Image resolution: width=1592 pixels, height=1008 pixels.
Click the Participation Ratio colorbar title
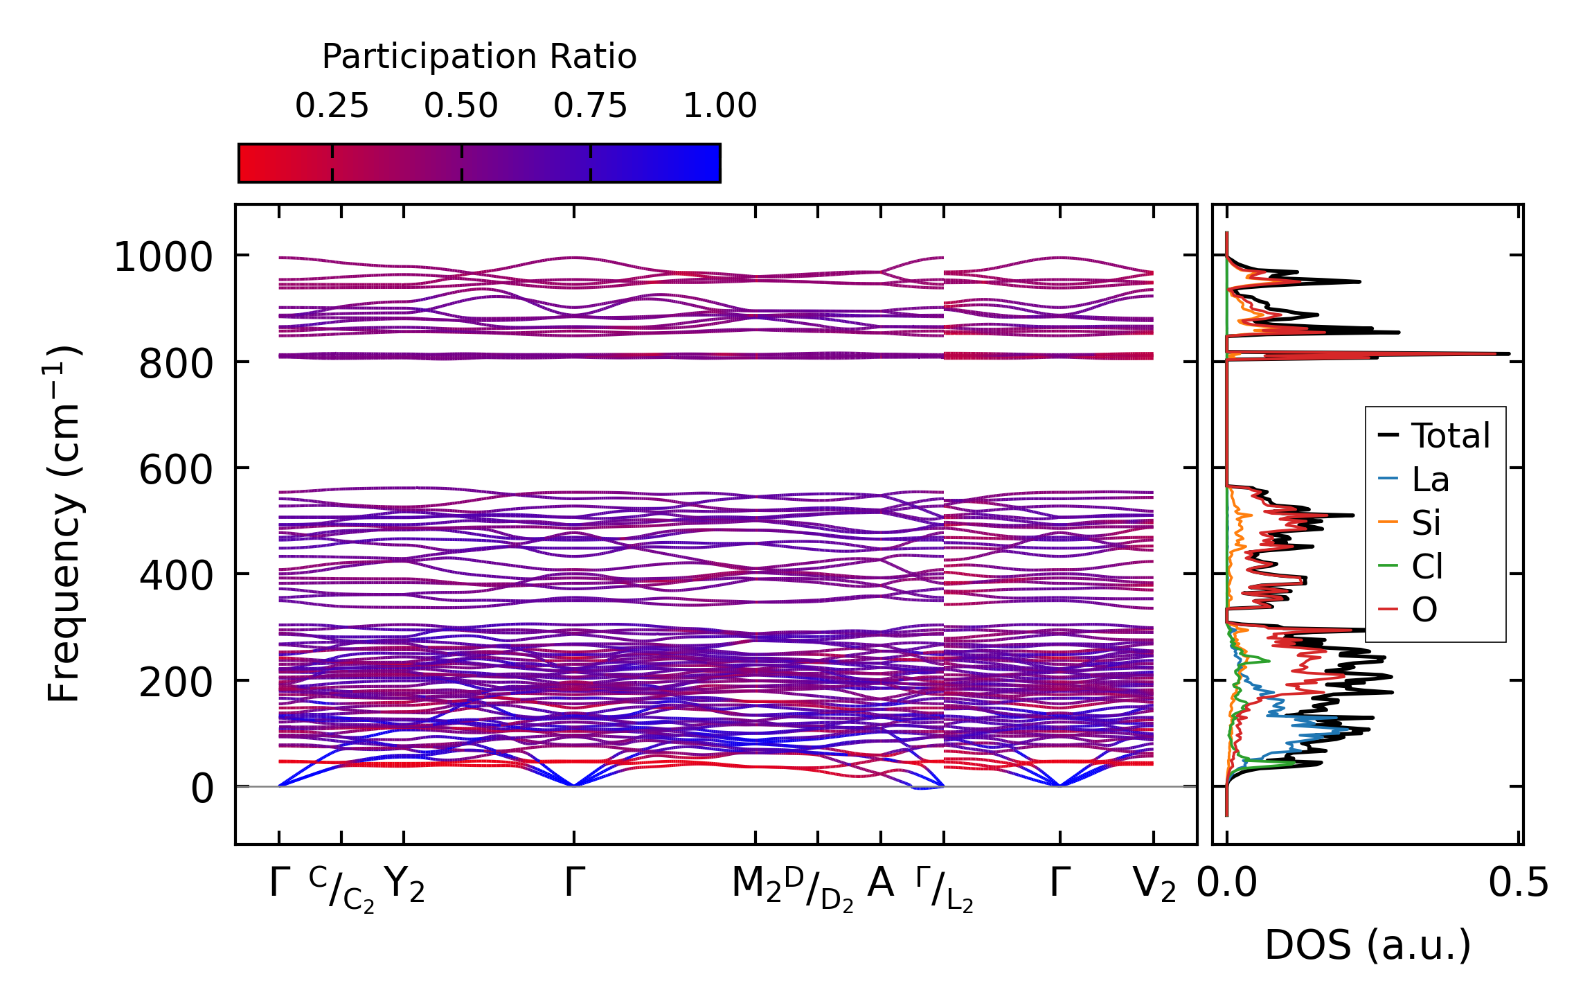click(x=479, y=57)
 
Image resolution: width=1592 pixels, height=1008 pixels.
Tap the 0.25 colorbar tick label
click(x=332, y=106)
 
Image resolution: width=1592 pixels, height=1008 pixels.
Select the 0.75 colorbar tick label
click(x=590, y=106)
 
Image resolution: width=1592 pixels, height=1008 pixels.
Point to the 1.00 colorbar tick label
click(x=719, y=106)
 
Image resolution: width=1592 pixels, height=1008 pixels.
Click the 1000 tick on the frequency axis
click(x=163, y=258)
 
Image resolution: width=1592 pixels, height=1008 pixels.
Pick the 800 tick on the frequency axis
click(x=176, y=364)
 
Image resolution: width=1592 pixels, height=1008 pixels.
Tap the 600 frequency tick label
click(x=176, y=470)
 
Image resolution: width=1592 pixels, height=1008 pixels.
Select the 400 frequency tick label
click(x=176, y=576)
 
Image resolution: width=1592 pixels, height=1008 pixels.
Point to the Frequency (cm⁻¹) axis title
click(x=64, y=524)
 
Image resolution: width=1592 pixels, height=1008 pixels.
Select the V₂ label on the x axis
click(x=1154, y=885)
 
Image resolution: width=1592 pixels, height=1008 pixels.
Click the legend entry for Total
click(x=1450, y=436)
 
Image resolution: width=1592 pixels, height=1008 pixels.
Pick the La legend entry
click(x=1430, y=479)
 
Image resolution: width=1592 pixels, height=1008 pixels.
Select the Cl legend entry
click(x=1426, y=567)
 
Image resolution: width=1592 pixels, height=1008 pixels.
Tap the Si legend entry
click(x=1426, y=523)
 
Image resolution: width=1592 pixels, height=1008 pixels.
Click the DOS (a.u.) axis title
click(x=1368, y=946)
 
